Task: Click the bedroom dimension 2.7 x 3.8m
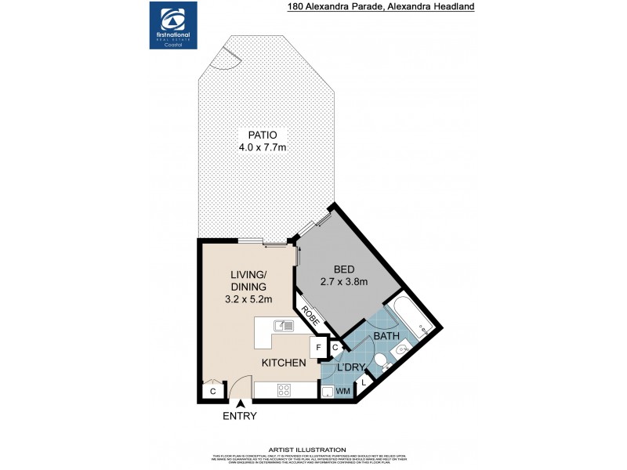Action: coord(344,282)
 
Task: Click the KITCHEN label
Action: coord(283,363)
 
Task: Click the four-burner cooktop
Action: coord(283,390)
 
